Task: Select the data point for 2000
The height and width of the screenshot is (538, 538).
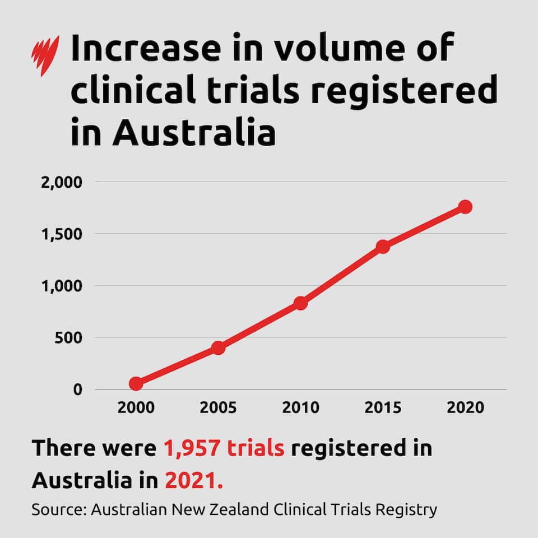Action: click(x=136, y=383)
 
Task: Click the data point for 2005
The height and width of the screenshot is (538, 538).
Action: click(x=218, y=348)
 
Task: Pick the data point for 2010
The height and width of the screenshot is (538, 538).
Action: click(x=300, y=303)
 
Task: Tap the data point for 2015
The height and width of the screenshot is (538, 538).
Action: click(x=383, y=247)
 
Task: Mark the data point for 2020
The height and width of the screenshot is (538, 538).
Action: click(x=465, y=207)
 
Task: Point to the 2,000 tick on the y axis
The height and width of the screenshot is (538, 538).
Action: click(x=61, y=183)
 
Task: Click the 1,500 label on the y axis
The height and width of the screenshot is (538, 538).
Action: click(x=61, y=234)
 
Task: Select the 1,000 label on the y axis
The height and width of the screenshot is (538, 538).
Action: click(x=61, y=286)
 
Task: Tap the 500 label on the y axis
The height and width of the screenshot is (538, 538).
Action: click(x=69, y=338)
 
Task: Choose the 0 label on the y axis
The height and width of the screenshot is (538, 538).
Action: click(x=77, y=389)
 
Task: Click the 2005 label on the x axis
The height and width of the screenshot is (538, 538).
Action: click(x=218, y=407)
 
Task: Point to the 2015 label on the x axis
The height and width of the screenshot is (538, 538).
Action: click(x=383, y=407)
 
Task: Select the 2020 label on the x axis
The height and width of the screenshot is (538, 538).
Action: click(x=465, y=407)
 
